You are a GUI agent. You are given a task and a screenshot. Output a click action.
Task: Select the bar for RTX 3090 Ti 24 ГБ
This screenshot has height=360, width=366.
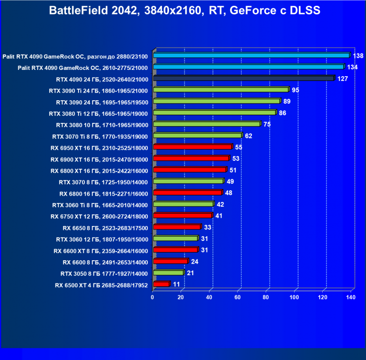[x=221, y=90]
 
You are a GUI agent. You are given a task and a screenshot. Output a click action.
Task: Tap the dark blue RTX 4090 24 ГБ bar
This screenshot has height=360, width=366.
[x=243, y=78]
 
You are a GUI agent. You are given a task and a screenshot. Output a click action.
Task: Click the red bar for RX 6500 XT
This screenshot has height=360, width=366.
[x=161, y=284]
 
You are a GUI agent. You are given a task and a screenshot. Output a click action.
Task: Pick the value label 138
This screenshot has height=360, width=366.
[x=358, y=56]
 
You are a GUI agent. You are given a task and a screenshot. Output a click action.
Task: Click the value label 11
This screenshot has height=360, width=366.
[x=176, y=284]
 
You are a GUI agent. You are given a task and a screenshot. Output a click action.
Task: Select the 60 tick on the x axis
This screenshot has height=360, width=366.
[x=237, y=297]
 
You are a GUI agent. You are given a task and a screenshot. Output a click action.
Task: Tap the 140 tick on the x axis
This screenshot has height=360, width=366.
[x=350, y=297]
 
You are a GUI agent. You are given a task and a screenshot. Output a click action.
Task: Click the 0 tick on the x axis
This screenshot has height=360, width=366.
[x=153, y=297]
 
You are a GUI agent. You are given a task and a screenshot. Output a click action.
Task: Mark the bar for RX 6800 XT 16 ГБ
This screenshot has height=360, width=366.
[x=189, y=170]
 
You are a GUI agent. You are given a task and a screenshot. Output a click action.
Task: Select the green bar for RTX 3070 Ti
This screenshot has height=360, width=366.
[x=197, y=135]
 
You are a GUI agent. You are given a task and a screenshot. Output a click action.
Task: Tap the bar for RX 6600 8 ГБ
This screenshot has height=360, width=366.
[x=170, y=261]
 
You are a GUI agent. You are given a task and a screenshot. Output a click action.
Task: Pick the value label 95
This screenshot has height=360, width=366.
[x=296, y=90]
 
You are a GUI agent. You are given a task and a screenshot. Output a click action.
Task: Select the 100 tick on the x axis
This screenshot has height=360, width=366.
[x=294, y=297]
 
